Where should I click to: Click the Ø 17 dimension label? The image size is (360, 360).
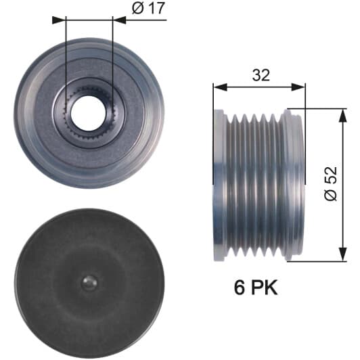pyautogui.click(x=149, y=9)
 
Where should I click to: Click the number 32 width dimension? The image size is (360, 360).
pyautogui.click(x=261, y=75)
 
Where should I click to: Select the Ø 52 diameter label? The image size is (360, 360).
pyautogui.click(x=331, y=184)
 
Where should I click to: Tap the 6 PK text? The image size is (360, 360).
pyautogui.click(x=256, y=287)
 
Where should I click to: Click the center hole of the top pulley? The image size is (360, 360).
pyautogui.click(x=89, y=114)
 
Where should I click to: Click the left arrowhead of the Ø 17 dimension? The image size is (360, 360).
pyautogui.click(x=59, y=20)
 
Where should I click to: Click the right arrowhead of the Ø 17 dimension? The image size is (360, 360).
pyautogui.click(x=119, y=20)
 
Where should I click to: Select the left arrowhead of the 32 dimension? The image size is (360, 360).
pyautogui.click(x=220, y=87)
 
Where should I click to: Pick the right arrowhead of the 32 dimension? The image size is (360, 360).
pyautogui.click(x=298, y=87)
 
